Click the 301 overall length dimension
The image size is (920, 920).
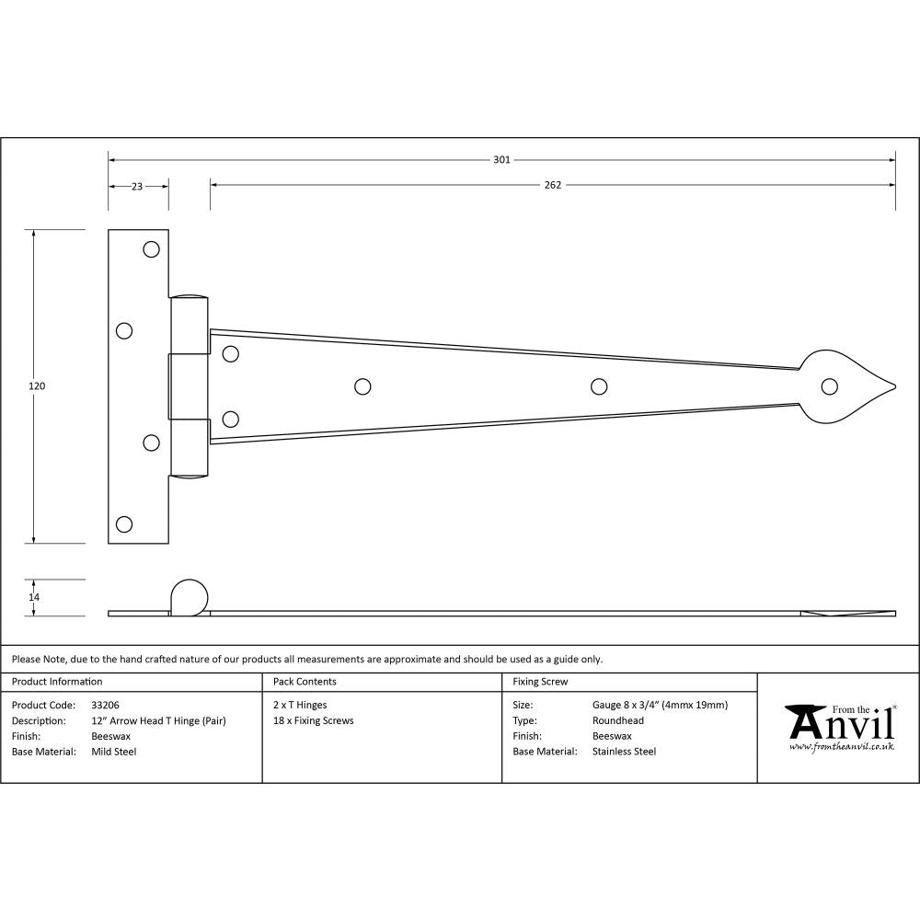point(501,159)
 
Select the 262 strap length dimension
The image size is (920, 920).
point(552,185)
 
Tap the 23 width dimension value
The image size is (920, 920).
point(137,186)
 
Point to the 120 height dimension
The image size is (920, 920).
point(37,386)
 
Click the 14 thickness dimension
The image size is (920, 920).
point(35,597)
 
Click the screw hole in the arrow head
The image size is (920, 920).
point(831,385)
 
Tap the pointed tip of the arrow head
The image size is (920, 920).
point(892,385)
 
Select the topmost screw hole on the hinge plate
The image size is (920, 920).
point(151,248)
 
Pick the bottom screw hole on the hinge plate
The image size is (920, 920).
point(124,524)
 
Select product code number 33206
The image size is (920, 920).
point(105,706)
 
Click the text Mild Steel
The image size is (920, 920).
point(114,752)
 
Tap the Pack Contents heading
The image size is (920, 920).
point(305,682)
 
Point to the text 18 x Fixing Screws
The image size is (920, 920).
point(313,721)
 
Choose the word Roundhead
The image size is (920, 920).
point(618,721)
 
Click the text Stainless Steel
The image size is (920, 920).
point(624,752)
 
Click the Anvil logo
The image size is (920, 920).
point(840,727)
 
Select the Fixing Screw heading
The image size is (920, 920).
point(540,682)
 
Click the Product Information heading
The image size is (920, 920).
point(57,682)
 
